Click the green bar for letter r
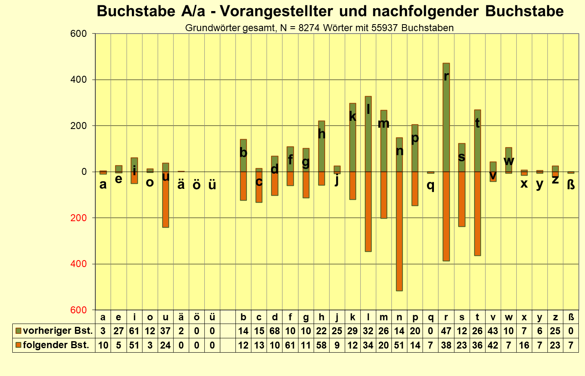coord(446,123)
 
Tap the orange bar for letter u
coord(165,205)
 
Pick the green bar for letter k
coord(352,143)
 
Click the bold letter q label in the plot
coord(430,185)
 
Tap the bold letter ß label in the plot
coord(571,185)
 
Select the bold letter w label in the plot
coord(508,161)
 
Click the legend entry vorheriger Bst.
coord(54,331)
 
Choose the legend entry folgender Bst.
coord(52,345)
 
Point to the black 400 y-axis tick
coord(79,79)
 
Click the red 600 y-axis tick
coord(79,310)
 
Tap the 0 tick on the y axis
coord(84,172)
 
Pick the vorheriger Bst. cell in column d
coord(275,331)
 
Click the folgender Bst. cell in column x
coord(524,345)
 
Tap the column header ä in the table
coord(181,317)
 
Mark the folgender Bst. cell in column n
coord(399,345)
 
